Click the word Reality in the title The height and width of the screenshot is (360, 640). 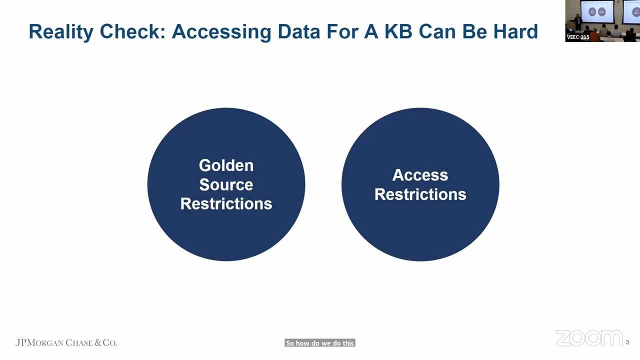tap(61, 31)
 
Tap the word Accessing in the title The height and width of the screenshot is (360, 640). tap(221, 31)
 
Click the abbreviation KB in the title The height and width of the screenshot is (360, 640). tap(398, 31)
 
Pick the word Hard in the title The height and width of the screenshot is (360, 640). tap(515, 31)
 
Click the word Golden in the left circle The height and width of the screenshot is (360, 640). tap(226, 165)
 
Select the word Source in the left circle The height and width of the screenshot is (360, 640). tap(226, 184)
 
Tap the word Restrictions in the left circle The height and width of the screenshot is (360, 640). tap(226, 203)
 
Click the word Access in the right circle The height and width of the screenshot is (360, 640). tap(420, 175)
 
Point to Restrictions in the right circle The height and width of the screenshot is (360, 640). tap(420, 194)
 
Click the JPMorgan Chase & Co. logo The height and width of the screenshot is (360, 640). tap(66, 342)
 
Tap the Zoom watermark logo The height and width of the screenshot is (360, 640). tap(589, 338)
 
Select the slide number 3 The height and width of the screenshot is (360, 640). tap(627, 342)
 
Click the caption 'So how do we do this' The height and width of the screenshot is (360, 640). tap(320, 343)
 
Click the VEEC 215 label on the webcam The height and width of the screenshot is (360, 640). tap(578, 37)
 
